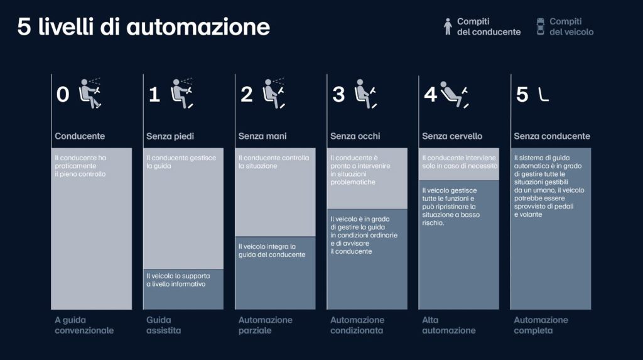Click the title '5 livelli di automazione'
(144, 27)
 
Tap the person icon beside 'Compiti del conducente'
(448, 26)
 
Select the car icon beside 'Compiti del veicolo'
(541, 26)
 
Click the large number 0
(63, 94)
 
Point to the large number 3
(338, 94)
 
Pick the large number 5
(522, 94)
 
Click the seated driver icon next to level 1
(182, 94)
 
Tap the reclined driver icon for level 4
(455, 94)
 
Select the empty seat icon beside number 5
(543, 95)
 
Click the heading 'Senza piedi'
(170, 136)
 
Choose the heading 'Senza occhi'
(355, 136)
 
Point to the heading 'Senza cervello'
(452, 136)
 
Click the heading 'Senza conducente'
(552, 136)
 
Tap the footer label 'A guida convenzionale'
(84, 325)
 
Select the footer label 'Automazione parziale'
(266, 325)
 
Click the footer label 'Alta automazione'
(449, 325)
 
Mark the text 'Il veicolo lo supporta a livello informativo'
(178, 280)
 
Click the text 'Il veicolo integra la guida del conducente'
(272, 251)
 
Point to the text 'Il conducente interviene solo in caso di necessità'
(460, 161)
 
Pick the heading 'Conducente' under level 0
(80, 136)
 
